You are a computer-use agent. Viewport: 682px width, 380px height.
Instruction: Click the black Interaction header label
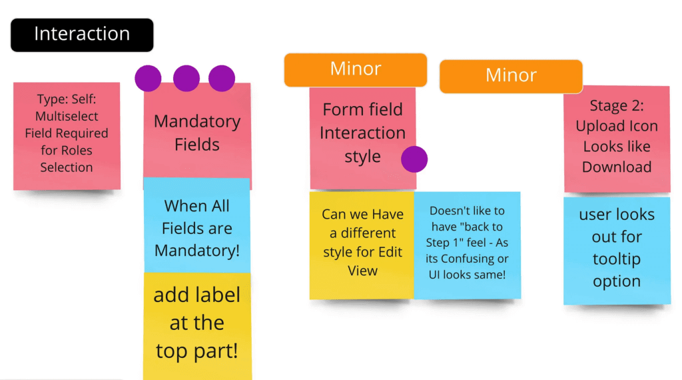click(81, 35)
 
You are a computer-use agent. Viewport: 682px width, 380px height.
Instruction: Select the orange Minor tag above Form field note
click(355, 69)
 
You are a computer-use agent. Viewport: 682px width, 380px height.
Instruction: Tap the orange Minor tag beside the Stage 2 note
click(511, 75)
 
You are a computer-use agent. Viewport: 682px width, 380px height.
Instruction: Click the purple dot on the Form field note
click(414, 159)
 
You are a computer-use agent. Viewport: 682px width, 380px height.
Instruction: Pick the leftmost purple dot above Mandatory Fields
click(148, 78)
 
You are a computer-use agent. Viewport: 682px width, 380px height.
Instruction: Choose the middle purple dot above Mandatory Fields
click(186, 78)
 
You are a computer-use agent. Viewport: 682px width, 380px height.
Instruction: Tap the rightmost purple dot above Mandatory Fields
click(222, 78)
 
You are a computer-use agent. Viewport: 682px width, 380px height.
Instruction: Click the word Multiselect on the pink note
click(67, 117)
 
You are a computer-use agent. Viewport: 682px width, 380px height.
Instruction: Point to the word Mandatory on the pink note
click(196, 121)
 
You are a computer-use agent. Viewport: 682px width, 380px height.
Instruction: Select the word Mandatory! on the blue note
click(196, 251)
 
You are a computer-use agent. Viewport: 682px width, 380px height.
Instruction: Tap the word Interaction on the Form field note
click(362, 133)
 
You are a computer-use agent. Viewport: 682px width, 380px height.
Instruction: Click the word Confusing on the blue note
click(466, 259)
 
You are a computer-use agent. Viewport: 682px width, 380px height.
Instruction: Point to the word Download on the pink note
click(616, 167)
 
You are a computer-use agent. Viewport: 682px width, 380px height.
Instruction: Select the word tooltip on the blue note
click(616, 259)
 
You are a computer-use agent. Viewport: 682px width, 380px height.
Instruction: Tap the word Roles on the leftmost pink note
click(75, 151)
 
